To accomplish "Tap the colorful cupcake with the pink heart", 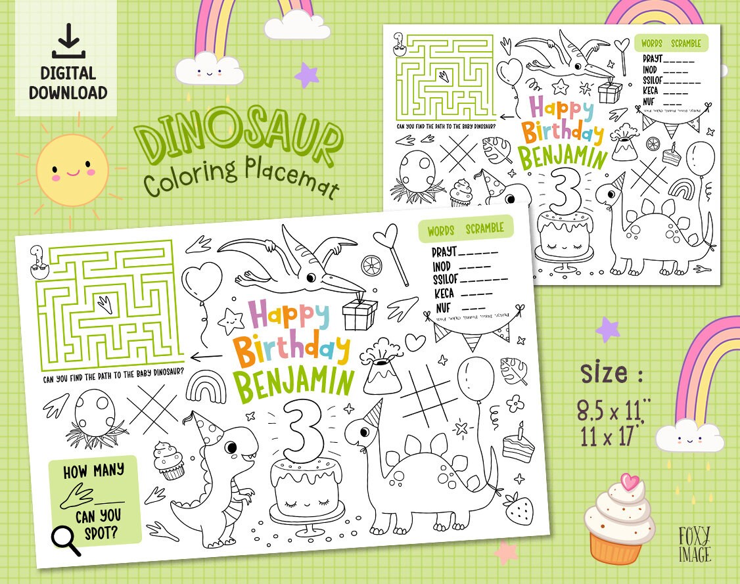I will click(x=618, y=519).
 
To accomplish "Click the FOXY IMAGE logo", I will click(x=695, y=545).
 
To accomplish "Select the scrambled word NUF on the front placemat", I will click(x=443, y=307).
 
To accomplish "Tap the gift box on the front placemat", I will click(x=359, y=313).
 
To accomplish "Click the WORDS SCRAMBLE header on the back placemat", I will click(x=670, y=44).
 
